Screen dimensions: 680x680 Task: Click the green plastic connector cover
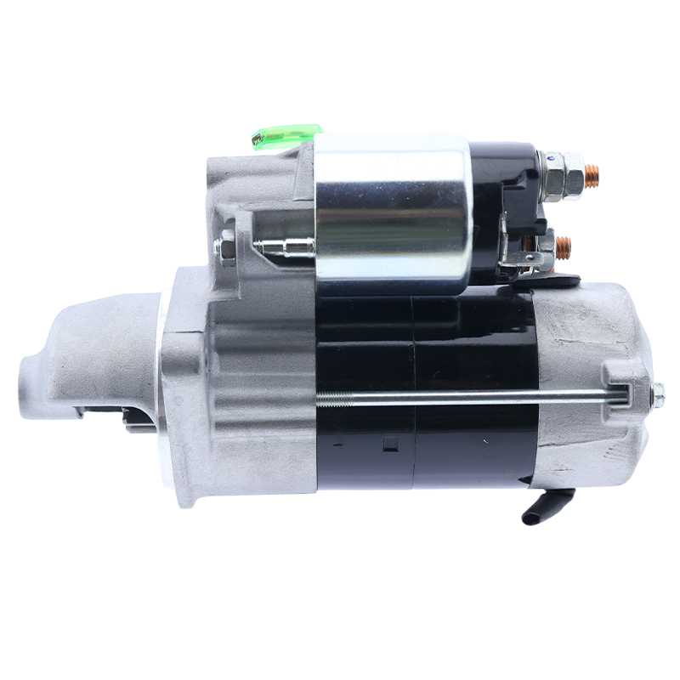tap(287, 136)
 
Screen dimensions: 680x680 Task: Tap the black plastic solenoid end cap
tap(505, 195)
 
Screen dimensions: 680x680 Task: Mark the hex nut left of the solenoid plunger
tap(227, 246)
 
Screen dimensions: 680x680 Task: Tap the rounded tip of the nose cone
tap(28, 374)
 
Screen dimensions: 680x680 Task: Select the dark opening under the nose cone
tap(127, 416)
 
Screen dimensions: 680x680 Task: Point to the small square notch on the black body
tap(391, 442)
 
